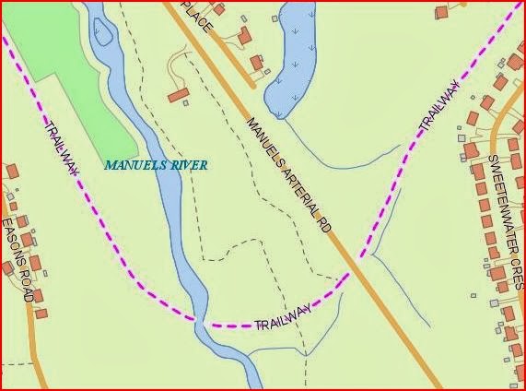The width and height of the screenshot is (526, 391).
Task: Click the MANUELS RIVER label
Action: click(156, 165)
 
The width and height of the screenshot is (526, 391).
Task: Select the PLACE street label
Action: click(198, 18)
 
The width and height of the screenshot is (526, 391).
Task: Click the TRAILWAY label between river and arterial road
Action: click(282, 319)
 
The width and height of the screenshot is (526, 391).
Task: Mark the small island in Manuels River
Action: click(102, 32)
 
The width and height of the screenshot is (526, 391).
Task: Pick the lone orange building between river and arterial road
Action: click(178, 95)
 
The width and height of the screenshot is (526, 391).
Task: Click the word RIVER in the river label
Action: click(189, 165)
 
